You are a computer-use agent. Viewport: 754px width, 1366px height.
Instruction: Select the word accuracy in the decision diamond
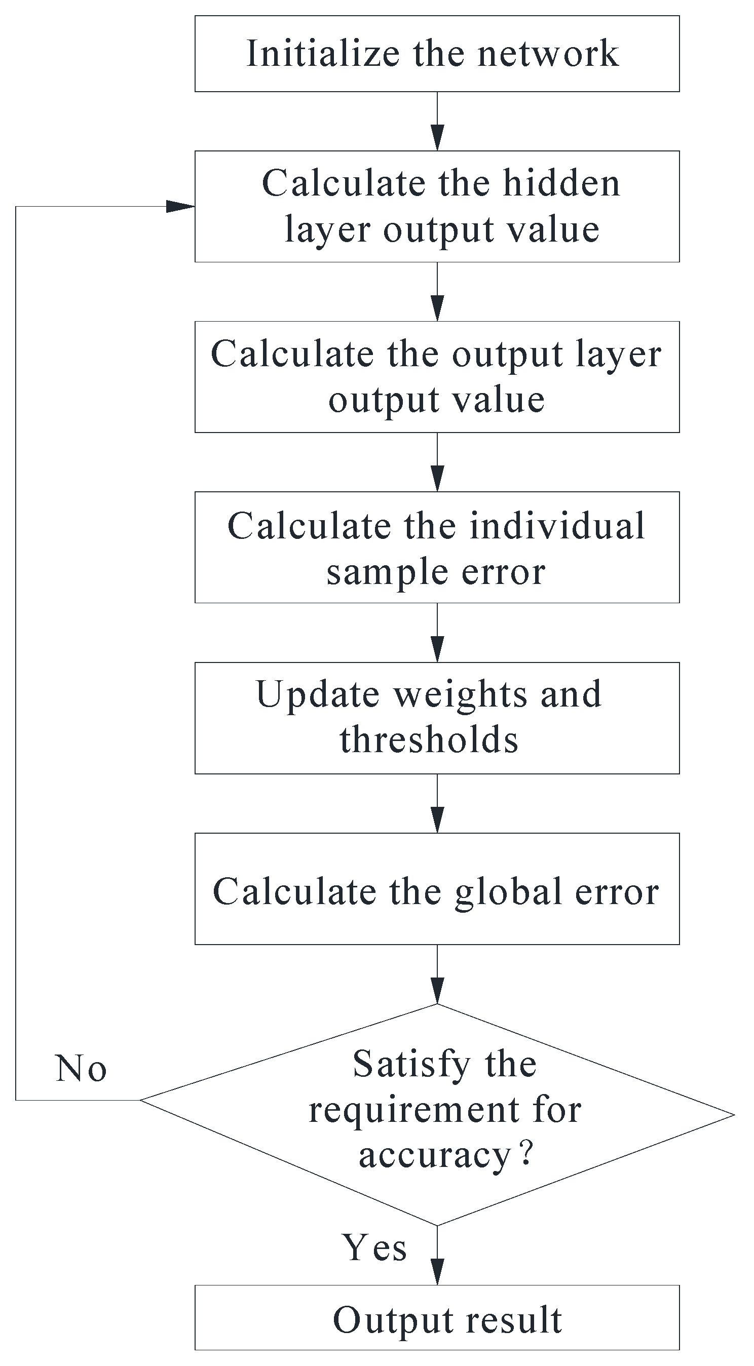coord(434,1155)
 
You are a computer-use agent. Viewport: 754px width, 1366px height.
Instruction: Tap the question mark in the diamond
coord(526,1154)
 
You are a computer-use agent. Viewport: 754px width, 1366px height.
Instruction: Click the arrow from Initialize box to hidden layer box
coord(437,122)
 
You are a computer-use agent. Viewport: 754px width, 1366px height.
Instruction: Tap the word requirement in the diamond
coord(414,1110)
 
